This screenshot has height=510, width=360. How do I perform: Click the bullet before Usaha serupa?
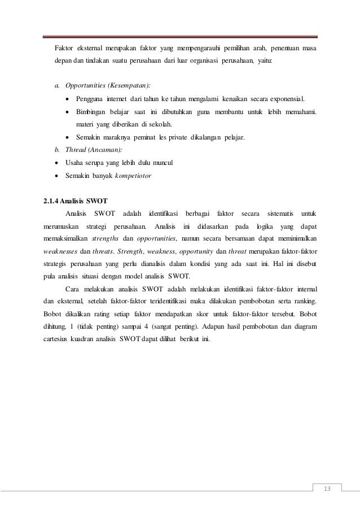coord(57,163)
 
